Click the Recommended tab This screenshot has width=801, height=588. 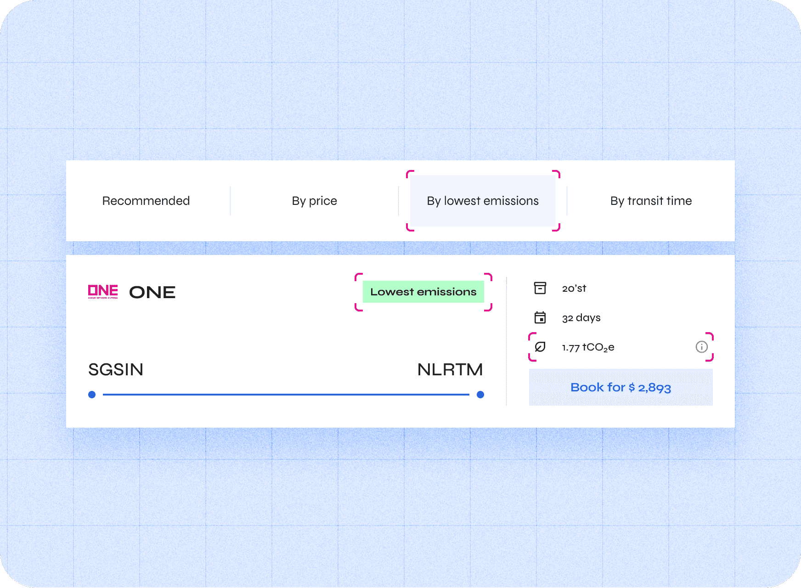coord(146,201)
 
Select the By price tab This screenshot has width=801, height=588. coord(314,201)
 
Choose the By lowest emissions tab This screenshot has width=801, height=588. coord(482,201)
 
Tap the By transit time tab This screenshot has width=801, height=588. coord(651,201)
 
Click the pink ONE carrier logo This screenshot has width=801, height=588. coord(103,291)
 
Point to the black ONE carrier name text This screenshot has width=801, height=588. coord(152,292)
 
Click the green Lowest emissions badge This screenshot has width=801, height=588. coord(423,292)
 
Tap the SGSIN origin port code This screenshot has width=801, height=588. coord(116,369)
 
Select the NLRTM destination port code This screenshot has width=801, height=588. coord(450,369)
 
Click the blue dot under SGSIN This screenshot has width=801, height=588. coord(92,395)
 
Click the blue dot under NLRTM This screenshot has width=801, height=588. coord(480,395)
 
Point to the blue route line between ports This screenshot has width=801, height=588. coord(286,395)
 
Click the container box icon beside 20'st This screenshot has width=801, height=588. coord(540,288)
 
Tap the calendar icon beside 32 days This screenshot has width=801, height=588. coord(540,317)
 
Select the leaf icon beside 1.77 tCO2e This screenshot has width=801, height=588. coord(540,347)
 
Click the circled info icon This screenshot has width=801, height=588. coord(701,347)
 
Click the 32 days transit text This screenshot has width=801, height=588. coord(581,318)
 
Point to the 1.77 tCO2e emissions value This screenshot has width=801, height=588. coord(588,347)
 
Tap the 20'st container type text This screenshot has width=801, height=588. coord(574,288)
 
